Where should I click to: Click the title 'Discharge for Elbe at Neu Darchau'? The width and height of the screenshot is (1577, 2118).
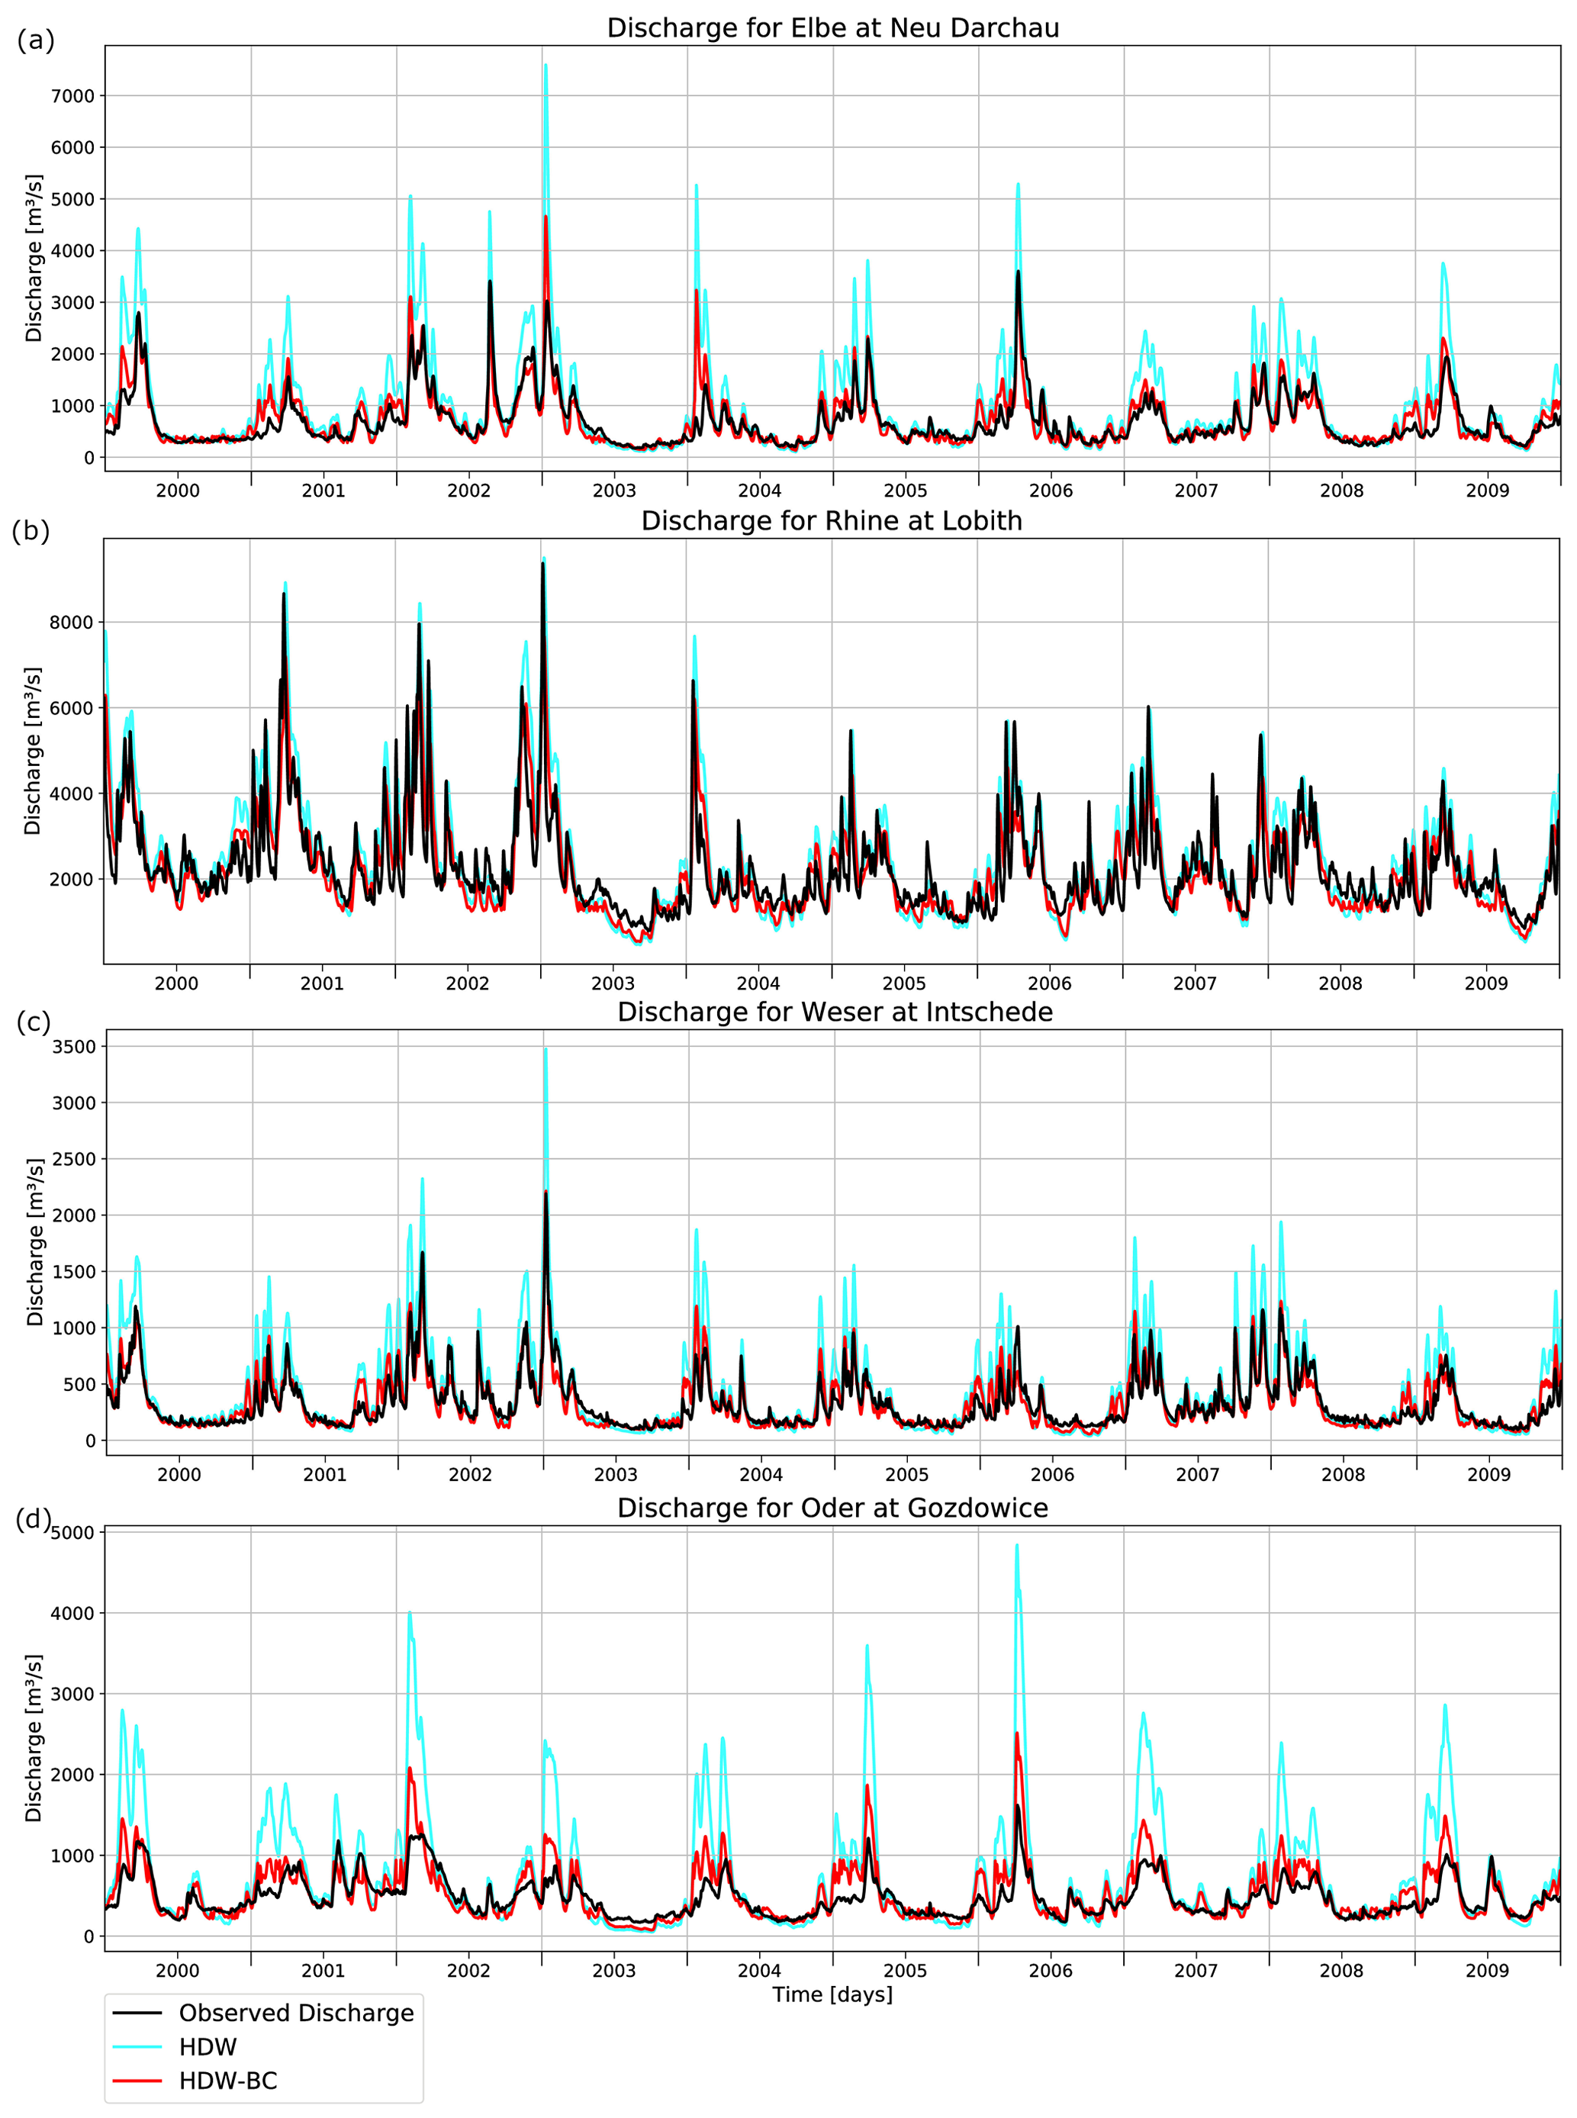(832, 29)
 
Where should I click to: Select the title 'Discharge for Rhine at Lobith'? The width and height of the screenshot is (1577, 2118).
(832, 521)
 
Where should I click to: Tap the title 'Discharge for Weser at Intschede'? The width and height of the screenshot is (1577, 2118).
(835, 1012)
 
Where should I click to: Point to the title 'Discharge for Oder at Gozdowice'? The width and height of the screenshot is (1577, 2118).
(832, 1508)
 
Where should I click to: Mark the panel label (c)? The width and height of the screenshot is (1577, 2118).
(34, 1022)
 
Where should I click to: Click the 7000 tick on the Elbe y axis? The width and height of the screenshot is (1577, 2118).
(72, 96)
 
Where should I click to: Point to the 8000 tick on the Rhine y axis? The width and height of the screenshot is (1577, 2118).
(72, 623)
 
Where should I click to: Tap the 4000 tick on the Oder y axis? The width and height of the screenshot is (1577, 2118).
(72, 1613)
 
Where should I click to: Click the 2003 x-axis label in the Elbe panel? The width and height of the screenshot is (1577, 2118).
(614, 491)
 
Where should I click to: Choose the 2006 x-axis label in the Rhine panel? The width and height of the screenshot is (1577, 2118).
(1049, 983)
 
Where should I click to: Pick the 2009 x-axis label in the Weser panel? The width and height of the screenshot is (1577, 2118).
(1488, 1475)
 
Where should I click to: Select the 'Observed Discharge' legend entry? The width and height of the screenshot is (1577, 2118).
(296, 2013)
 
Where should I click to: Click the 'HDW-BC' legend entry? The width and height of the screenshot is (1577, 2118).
(228, 2081)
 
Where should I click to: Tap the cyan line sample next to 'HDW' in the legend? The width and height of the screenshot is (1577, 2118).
(137, 2047)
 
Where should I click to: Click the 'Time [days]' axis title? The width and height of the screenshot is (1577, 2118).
(832, 1995)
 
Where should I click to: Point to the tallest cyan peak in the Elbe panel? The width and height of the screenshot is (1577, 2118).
(546, 66)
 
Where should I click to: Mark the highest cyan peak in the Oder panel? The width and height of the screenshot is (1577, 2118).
(1017, 1545)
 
